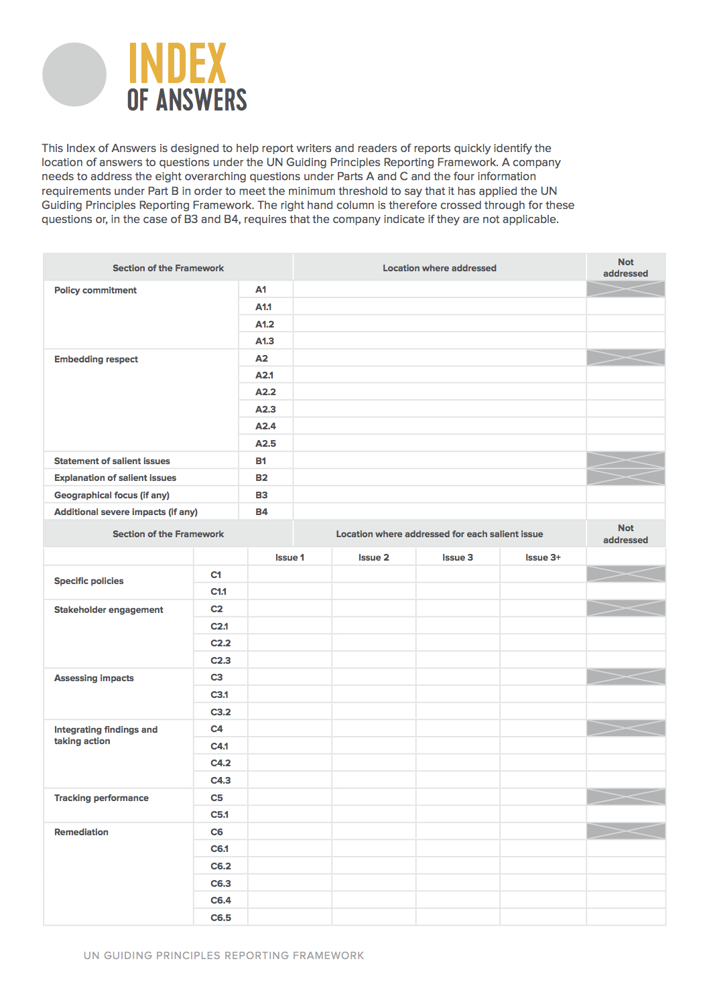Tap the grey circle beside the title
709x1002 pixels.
coord(74,74)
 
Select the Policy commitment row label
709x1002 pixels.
coord(95,290)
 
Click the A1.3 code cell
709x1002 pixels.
coord(265,341)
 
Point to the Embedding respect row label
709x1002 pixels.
coord(96,359)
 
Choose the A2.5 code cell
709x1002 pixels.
coord(265,443)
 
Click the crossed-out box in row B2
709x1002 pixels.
coord(625,477)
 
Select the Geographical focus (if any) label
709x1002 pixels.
coord(112,495)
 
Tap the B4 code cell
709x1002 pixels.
coord(261,512)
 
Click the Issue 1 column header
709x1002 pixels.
coord(289,557)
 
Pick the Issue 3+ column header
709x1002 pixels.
coord(543,557)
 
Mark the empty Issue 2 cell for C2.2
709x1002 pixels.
coord(373,643)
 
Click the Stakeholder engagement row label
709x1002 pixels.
coord(109,610)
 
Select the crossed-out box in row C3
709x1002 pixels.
coord(625,677)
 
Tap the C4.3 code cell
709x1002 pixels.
coord(220,780)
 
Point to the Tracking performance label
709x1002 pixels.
coord(101,798)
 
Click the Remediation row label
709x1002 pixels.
coord(81,832)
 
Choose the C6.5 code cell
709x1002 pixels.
coord(220,918)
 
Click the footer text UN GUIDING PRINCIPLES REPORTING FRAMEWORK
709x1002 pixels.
coord(224,955)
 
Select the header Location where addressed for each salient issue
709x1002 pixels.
coord(439,534)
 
